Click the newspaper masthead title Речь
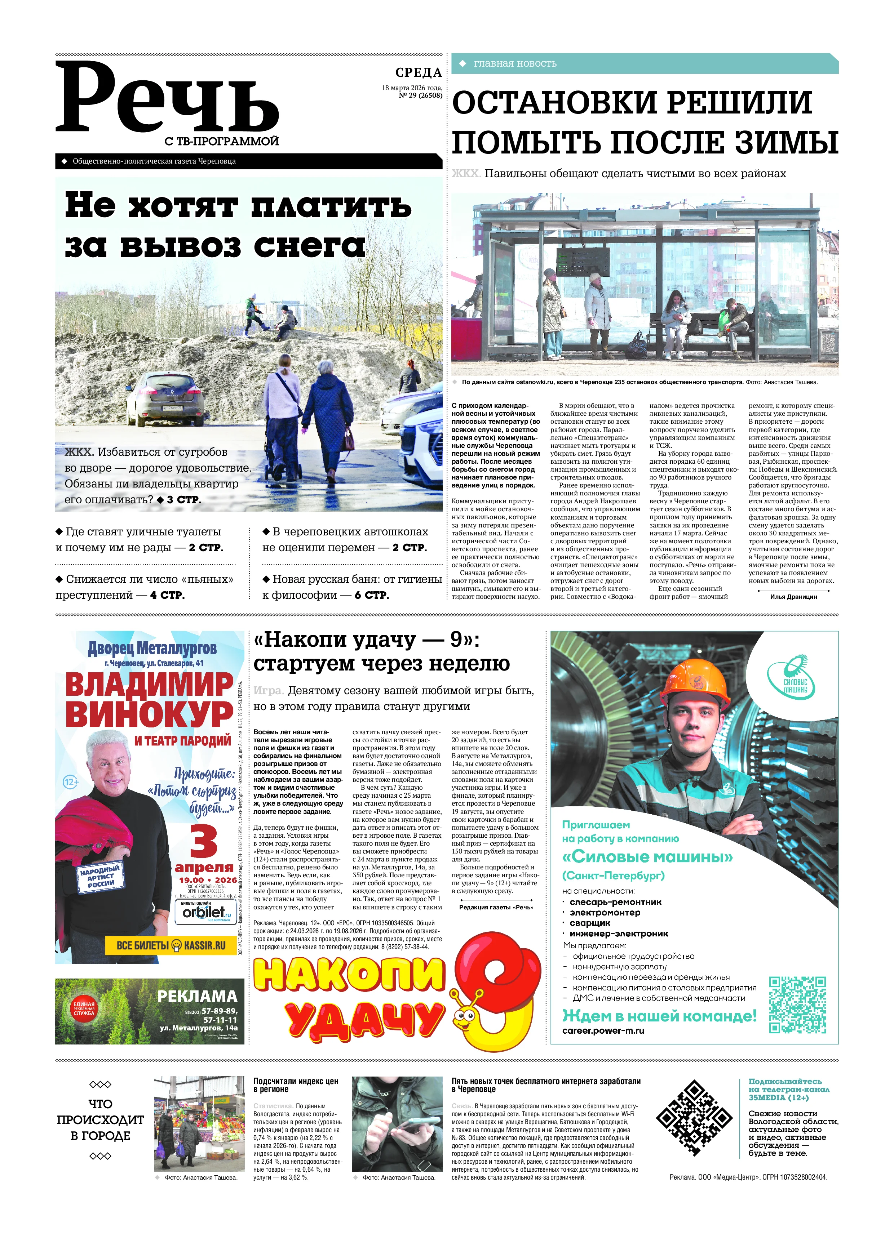pos(167,98)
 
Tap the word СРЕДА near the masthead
pos(418,72)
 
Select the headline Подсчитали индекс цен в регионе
pos(296,1085)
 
